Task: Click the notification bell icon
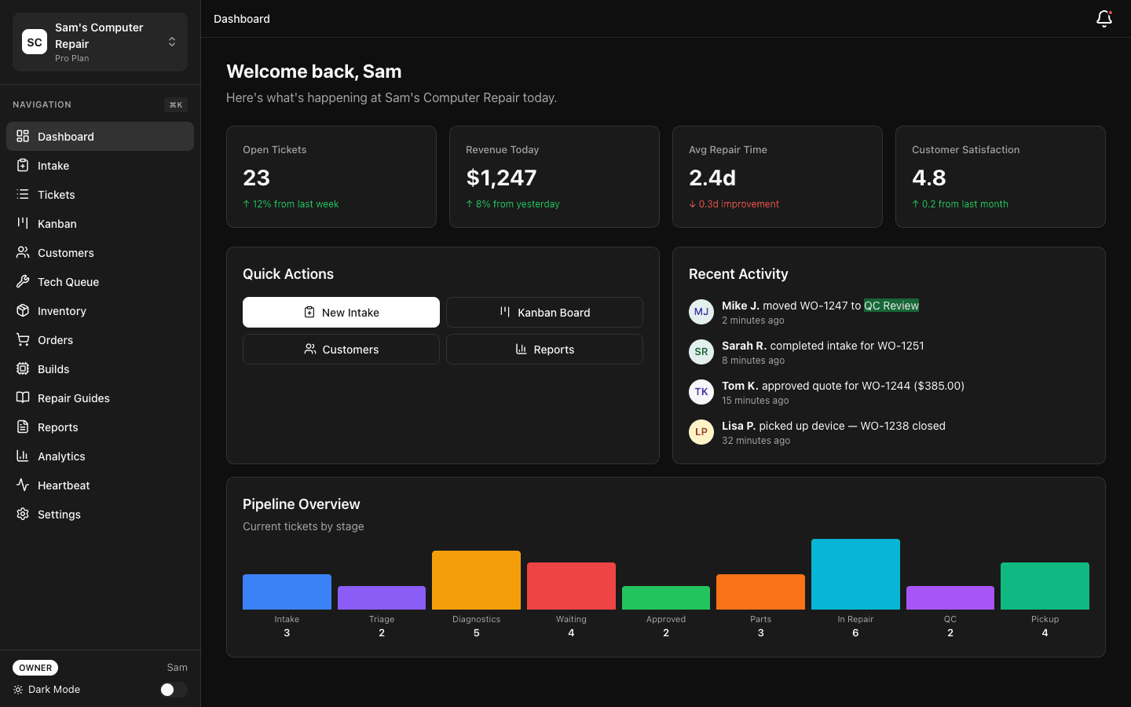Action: point(1104,18)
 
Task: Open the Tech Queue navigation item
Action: point(68,282)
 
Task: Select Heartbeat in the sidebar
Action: point(64,485)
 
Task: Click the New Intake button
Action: point(341,313)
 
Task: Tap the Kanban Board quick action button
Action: point(544,313)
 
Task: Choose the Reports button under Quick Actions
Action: point(544,350)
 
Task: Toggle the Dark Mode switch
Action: point(173,690)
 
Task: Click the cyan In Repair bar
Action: point(855,574)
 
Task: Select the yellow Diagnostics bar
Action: point(476,580)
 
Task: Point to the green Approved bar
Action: point(666,598)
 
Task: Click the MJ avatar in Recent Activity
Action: point(701,312)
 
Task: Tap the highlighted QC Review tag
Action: point(891,306)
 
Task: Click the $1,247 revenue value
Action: point(501,178)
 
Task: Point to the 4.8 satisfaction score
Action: point(929,178)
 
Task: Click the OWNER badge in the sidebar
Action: point(35,668)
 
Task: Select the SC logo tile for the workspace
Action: point(35,42)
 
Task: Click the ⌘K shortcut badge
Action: point(176,105)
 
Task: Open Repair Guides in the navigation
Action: point(74,398)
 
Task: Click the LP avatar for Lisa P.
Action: point(701,432)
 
